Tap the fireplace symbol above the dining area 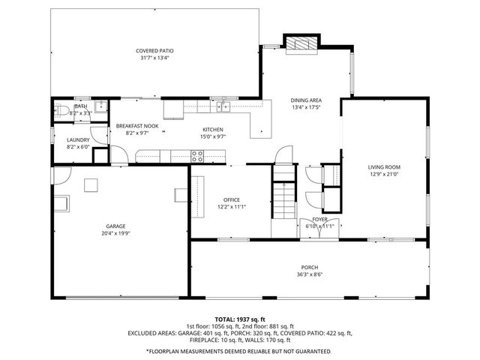pyautogui.click(x=300, y=43)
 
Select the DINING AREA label pyautogui.click(x=306, y=100)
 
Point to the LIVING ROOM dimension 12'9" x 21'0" pyautogui.click(x=384, y=175)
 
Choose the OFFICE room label pyautogui.click(x=232, y=199)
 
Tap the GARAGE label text pyautogui.click(x=115, y=226)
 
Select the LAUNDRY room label pyautogui.click(x=78, y=139)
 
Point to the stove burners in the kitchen pyautogui.click(x=198, y=156)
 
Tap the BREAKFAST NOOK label pyautogui.click(x=137, y=126)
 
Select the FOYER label pyautogui.click(x=320, y=219)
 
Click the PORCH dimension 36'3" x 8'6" pyautogui.click(x=310, y=274)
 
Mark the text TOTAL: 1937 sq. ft pyautogui.click(x=239, y=319)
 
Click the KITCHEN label pyautogui.click(x=212, y=130)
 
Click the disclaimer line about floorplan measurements pyautogui.click(x=239, y=350)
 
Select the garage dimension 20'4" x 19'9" pyautogui.click(x=115, y=233)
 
